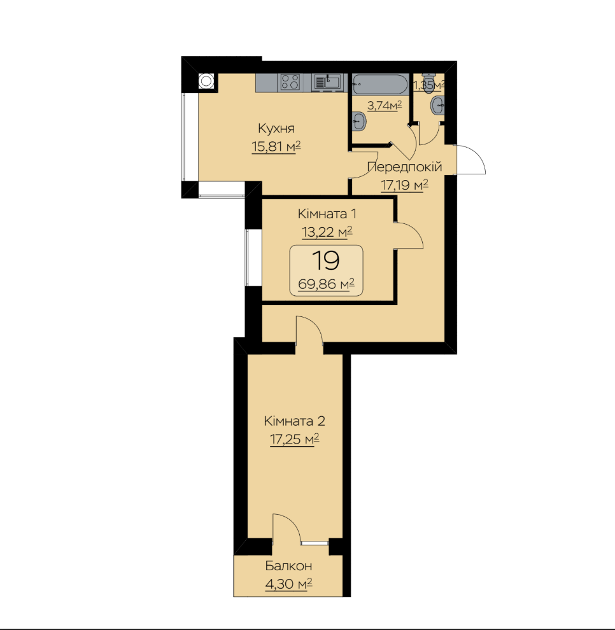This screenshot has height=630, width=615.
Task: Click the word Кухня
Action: (x=276, y=129)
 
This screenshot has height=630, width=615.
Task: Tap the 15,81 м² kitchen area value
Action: (x=276, y=146)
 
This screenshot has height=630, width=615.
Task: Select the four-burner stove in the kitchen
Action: (x=290, y=81)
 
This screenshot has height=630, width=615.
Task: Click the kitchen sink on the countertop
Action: (x=327, y=81)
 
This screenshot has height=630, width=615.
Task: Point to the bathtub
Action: (x=380, y=85)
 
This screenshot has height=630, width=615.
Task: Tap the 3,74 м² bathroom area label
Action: (x=385, y=106)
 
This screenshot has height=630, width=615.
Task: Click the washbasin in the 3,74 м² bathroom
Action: (x=359, y=121)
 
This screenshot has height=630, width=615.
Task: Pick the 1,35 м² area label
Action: (x=429, y=85)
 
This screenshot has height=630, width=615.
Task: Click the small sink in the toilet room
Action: (x=437, y=106)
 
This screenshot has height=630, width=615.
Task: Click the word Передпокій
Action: (x=404, y=167)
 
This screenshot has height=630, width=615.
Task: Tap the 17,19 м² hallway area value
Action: (x=404, y=185)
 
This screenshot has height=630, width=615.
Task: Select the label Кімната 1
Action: (x=327, y=214)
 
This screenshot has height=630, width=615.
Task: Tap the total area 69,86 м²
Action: (x=326, y=284)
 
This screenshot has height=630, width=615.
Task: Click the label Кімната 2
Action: (x=294, y=421)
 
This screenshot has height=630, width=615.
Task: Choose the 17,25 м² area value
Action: (x=294, y=439)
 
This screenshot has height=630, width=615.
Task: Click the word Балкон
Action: (x=288, y=566)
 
